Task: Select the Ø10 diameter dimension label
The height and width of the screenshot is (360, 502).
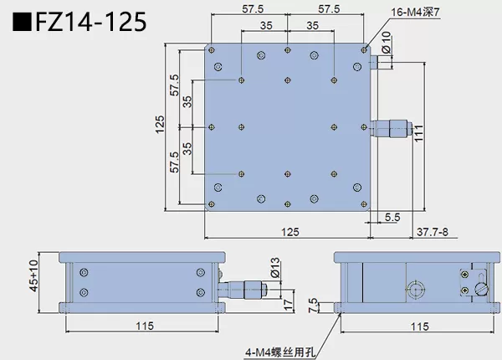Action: click(386, 45)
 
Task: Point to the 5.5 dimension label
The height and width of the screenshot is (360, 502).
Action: click(392, 218)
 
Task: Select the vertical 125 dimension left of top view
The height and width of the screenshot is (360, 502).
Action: click(160, 126)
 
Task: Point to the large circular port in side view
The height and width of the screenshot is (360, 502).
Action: click(414, 291)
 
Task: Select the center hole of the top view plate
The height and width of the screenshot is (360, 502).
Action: click(287, 126)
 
